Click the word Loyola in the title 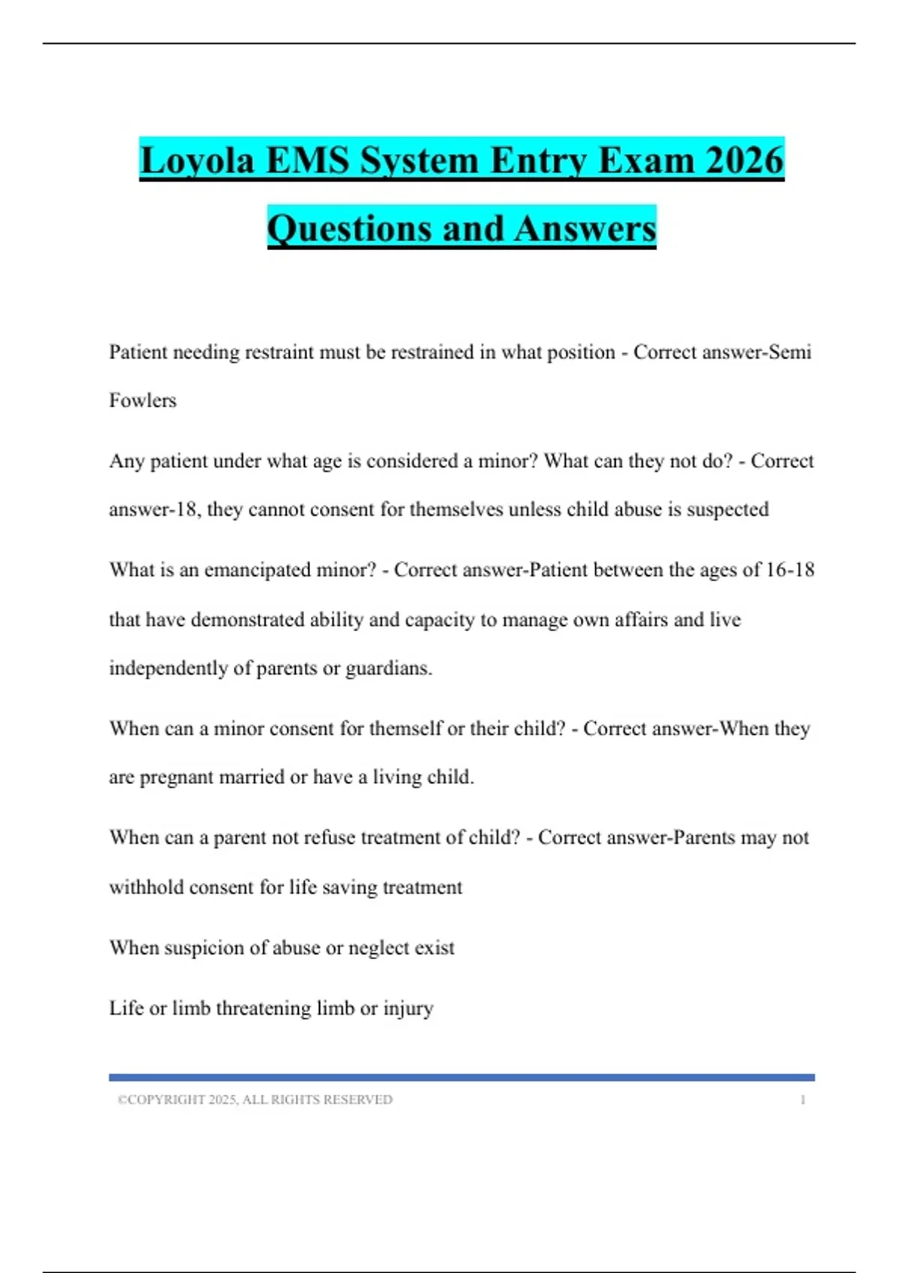tap(197, 160)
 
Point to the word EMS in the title tap(309, 160)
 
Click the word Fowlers tap(142, 401)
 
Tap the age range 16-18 tap(790, 570)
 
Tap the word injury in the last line tap(408, 1009)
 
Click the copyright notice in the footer tap(255, 1100)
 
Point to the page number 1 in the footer tap(802, 1100)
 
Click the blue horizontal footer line tap(461, 1078)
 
